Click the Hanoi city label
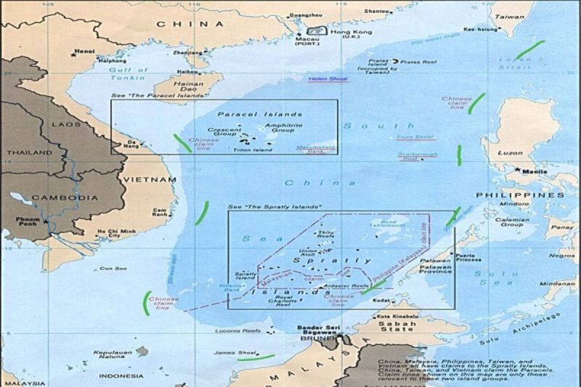coord(86,52)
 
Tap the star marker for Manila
coord(517,170)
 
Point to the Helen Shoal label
coord(328,78)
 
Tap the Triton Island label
coord(252,150)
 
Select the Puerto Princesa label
coord(468,259)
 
